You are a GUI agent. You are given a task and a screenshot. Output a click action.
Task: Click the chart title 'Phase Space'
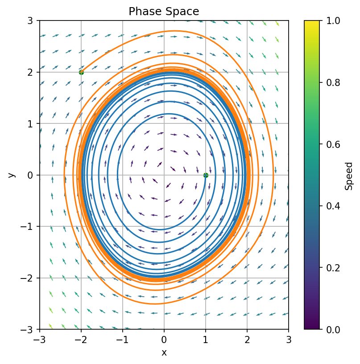pyautogui.click(x=164, y=12)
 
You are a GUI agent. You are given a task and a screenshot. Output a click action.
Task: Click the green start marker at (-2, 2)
pyautogui.click(x=81, y=72)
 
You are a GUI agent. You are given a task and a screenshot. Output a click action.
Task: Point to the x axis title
pyautogui.click(x=164, y=352)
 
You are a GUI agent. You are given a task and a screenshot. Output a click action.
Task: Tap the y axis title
pyautogui.click(x=12, y=175)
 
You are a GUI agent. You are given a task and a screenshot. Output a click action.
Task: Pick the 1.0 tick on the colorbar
pyautogui.click(x=330, y=21)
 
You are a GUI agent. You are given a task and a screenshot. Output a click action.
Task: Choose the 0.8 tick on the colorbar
pyautogui.click(x=330, y=82)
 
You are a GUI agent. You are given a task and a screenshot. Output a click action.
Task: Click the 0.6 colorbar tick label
pyautogui.click(x=330, y=144)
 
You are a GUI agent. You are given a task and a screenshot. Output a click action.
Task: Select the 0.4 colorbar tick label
pyautogui.click(x=330, y=206)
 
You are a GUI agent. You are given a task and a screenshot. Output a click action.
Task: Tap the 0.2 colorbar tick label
pyautogui.click(x=330, y=268)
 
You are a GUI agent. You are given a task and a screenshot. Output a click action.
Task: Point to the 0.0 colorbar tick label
pyautogui.click(x=330, y=329)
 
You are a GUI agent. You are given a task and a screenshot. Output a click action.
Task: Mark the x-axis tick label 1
pyautogui.click(x=205, y=339)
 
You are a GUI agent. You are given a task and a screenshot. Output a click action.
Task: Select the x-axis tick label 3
pyautogui.click(x=288, y=339)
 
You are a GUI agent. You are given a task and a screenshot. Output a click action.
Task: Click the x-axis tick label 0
pyautogui.click(x=164, y=339)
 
